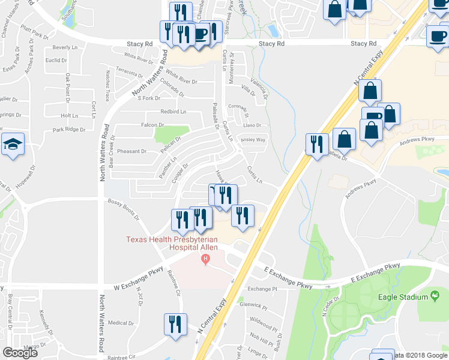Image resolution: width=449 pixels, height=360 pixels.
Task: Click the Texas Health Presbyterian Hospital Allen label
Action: tap(173, 243)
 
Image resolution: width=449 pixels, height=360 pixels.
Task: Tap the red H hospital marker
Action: tap(206, 260)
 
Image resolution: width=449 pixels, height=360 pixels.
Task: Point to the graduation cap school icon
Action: tap(13, 145)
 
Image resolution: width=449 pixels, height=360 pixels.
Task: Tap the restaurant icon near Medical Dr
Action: tap(175, 325)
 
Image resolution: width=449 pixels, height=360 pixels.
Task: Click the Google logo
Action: tap(20, 353)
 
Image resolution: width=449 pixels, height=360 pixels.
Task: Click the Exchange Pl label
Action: tap(263, 289)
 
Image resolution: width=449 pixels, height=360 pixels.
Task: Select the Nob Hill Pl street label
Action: tap(262, 334)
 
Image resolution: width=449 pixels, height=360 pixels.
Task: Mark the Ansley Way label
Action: tap(253, 140)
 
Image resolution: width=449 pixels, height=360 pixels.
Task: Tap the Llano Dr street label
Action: tap(252, 125)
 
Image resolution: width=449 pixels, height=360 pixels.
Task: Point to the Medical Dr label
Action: tap(122, 323)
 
